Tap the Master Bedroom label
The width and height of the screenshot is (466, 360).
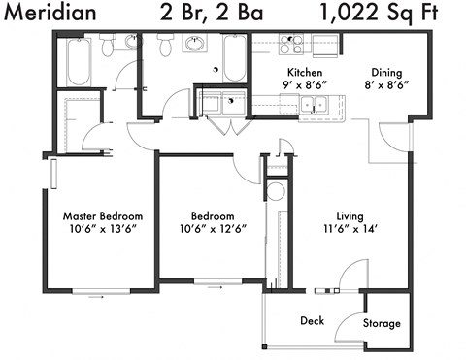click(103, 215)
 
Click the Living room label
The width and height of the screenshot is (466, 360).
click(349, 215)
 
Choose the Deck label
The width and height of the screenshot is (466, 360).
click(311, 319)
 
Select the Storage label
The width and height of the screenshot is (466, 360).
click(382, 323)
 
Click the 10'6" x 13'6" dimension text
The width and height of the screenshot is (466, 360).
click(103, 229)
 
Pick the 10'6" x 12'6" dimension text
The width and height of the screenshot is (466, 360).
click(212, 229)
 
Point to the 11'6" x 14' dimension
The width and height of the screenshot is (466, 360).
click(349, 229)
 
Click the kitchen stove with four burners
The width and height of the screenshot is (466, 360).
click(291, 44)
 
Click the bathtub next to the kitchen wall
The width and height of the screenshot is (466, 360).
click(236, 58)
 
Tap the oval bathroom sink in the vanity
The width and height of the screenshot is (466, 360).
click(194, 44)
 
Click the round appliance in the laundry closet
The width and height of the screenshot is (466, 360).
click(275, 191)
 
